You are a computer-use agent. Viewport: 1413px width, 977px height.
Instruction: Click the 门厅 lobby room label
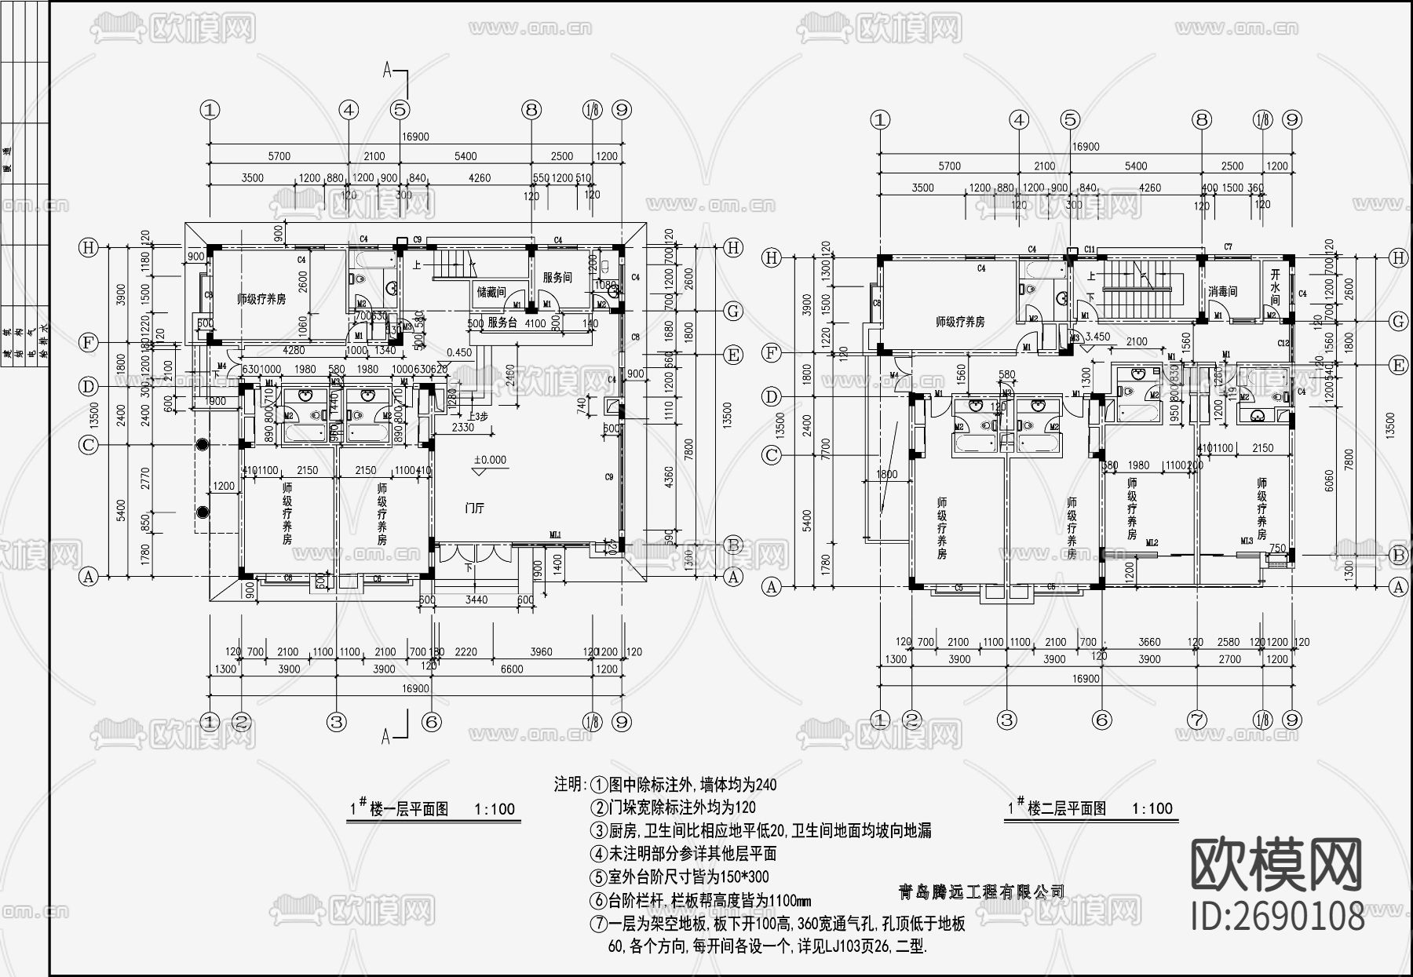coord(474,509)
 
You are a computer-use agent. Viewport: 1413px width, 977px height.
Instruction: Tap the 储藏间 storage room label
coord(491,292)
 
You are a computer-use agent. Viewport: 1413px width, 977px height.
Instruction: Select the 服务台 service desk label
coord(502,323)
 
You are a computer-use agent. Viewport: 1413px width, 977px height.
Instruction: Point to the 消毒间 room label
coord(1223,292)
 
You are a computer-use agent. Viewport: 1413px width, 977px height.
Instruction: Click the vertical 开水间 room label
coord(1275,288)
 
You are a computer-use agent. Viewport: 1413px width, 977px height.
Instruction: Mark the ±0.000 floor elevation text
coord(490,460)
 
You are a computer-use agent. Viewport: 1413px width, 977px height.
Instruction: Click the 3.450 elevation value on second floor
coord(1097,337)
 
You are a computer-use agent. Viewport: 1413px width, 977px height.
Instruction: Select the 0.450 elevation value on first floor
coord(459,352)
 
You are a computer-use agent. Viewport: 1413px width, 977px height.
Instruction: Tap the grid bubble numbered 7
coord(1196,720)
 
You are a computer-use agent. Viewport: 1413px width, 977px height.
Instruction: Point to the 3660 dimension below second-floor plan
coord(1148,642)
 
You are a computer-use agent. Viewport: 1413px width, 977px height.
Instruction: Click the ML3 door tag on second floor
coord(1247,541)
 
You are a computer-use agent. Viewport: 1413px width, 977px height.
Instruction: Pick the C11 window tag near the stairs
coord(1089,250)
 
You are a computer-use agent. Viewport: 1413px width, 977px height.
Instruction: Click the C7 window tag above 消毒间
coord(1228,247)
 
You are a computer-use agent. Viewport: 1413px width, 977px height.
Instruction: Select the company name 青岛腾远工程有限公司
coord(981,892)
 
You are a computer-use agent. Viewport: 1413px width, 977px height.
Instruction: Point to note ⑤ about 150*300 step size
coord(680,877)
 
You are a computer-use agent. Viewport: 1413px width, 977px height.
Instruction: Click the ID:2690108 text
coord(1278,916)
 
